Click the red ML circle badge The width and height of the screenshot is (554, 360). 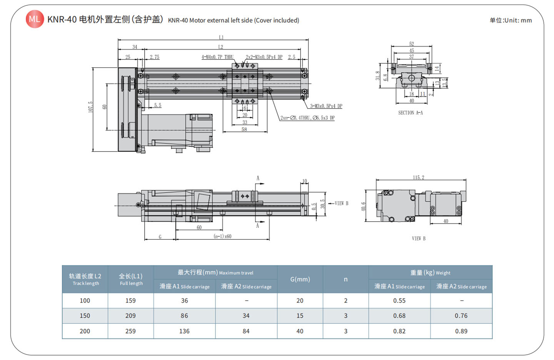[35, 19]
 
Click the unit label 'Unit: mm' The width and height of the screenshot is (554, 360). [511, 20]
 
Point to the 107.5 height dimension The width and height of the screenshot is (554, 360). [91, 107]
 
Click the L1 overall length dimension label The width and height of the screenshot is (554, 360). [221, 37]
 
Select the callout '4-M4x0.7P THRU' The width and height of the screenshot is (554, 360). [217, 57]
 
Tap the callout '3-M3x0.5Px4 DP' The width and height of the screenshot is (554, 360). [326, 106]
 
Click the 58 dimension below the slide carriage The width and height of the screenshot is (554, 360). [244, 129]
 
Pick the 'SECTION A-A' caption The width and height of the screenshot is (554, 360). [410, 113]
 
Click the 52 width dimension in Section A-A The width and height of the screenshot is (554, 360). [411, 44]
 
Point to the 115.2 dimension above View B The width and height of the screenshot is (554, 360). [418, 177]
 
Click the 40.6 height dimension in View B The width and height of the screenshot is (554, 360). [363, 207]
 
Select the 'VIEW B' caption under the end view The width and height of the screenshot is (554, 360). [419, 238]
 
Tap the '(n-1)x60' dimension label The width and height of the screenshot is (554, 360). [222, 236]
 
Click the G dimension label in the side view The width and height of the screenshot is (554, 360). [160, 237]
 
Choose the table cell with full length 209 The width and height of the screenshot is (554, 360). [130, 316]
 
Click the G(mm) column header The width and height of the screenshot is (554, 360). [300, 279]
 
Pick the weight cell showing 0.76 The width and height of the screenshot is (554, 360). [461, 316]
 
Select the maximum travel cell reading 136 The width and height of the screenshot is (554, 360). [184, 331]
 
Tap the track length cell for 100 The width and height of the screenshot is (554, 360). [85, 301]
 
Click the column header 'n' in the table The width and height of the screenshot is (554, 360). [345, 279]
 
